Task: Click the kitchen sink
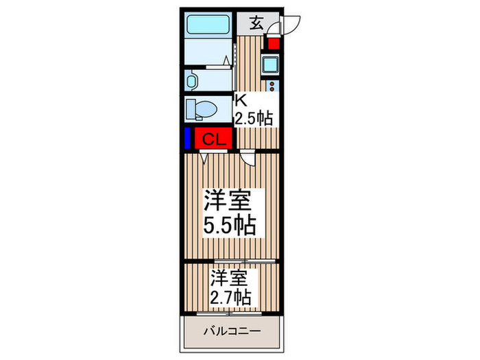(x=270, y=66)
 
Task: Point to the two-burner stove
(x=272, y=86)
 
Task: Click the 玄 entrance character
(x=255, y=23)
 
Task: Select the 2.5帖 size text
(x=254, y=117)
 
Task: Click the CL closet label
(x=213, y=139)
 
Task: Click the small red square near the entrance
(x=274, y=45)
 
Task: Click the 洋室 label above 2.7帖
(x=229, y=278)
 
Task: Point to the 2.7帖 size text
(x=230, y=298)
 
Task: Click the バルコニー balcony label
(x=231, y=332)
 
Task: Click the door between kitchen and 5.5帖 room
(x=249, y=158)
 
